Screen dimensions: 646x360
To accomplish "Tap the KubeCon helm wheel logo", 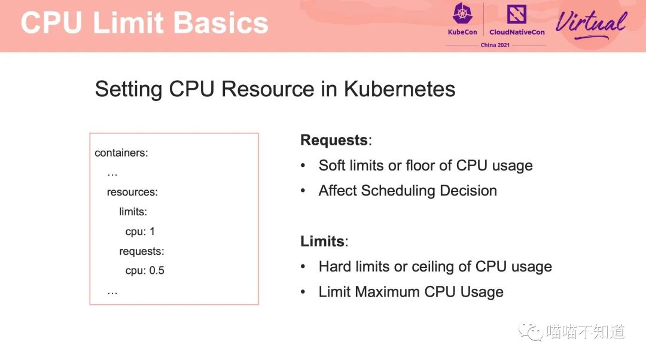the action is click(x=462, y=13).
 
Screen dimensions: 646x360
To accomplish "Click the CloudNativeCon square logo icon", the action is click(x=517, y=14).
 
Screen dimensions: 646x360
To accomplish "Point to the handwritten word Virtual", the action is click(x=591, y=24).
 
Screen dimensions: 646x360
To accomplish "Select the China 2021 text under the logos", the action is click(x=495, y=45).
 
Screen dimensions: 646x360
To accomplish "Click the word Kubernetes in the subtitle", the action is click(x=400, y=89).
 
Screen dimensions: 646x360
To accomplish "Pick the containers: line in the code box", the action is click(x=121, y=153).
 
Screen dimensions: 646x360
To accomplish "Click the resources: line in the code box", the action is click(x=132, y=192).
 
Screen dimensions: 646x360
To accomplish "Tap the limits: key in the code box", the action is click(x=133, y=212).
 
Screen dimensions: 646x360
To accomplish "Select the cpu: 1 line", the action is click(x=140, y=231).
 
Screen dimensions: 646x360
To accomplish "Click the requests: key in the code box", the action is click(x=142, y=251).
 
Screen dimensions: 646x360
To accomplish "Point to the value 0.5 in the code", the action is click(x=157, y=270).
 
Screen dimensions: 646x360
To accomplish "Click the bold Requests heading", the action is click(x=334, y=140).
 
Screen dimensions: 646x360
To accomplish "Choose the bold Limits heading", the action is click(x=322, y=241).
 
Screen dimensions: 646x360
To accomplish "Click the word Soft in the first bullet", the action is click(x=331, y=165).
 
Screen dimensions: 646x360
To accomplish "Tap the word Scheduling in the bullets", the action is click(x=398, y=191).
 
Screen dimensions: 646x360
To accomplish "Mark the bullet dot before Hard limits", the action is click(x=303, y=267).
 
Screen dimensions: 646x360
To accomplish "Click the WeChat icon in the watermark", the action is click(x=531, y=331).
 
